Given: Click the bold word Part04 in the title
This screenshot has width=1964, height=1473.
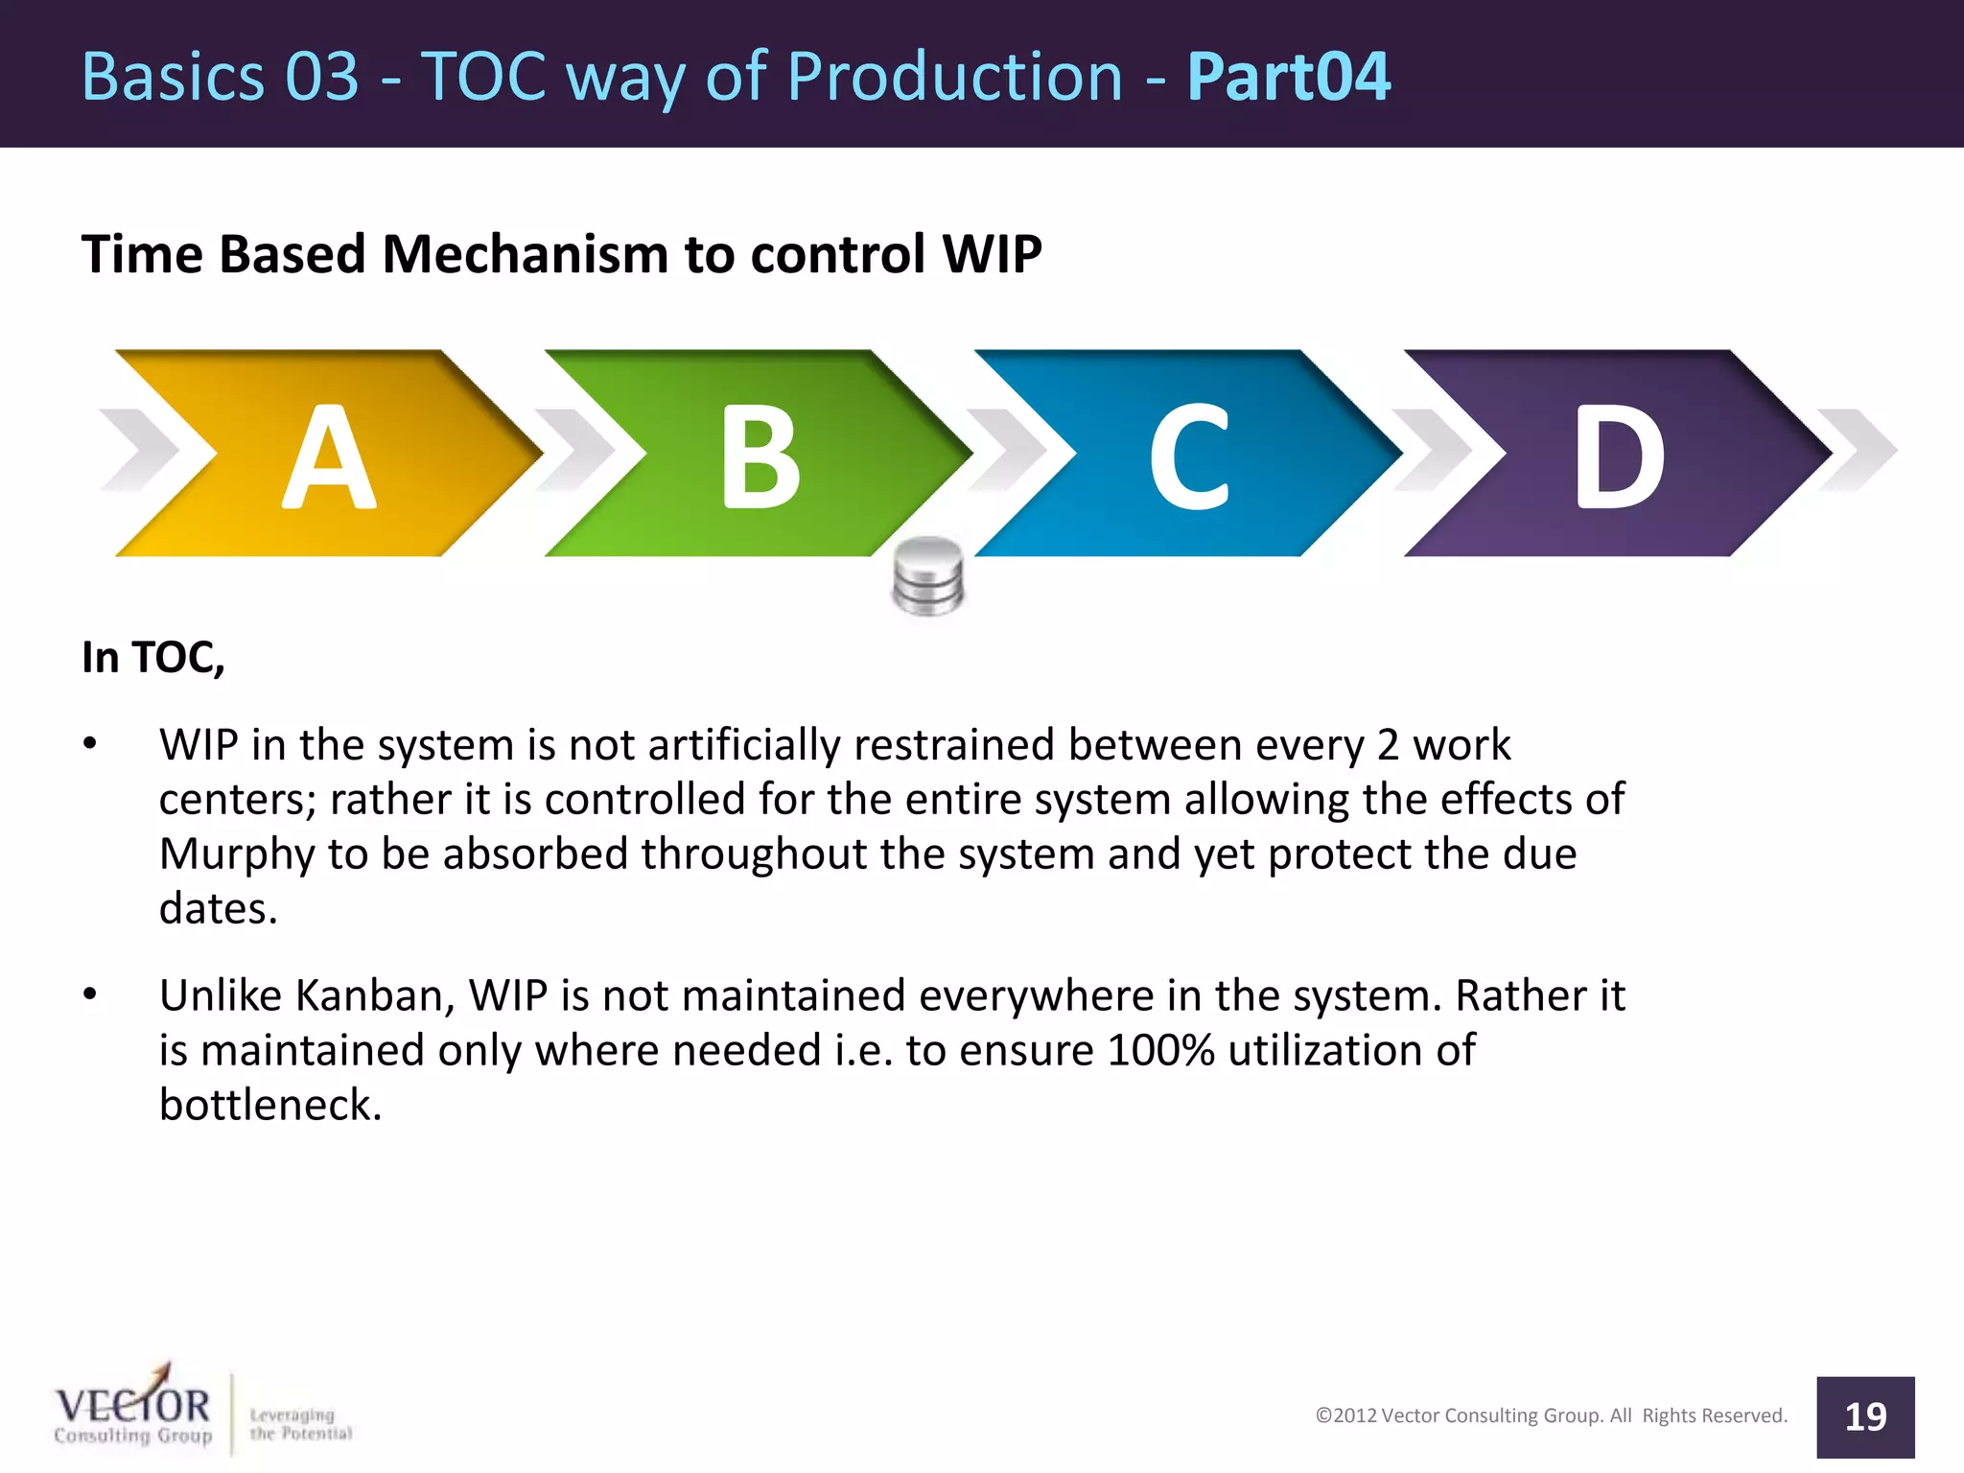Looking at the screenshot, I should [x=1288, y=77].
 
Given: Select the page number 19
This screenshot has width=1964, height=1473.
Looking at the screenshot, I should [x=1865, y=1416].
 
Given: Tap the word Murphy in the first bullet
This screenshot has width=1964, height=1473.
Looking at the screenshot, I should [x=236, y=854].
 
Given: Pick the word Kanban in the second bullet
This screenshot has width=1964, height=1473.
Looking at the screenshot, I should [x=374, y=995].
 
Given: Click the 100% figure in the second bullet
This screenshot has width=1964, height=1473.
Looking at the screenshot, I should [x=1160, y=1050].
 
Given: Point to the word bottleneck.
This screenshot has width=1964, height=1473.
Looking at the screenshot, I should [x=270, y=1105].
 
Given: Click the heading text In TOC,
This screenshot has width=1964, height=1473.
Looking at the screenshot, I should [x=153, y=658].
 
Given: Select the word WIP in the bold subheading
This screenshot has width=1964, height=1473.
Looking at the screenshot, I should [x=992, y=255].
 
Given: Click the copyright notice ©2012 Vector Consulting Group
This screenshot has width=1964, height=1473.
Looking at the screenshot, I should [x=1551, y=1415].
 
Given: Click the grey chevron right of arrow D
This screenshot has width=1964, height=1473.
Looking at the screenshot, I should [x=1857, y=450].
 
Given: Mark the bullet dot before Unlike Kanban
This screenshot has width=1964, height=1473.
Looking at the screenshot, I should [x=90, y=994].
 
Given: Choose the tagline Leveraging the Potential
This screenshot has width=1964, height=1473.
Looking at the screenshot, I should [x=300, y=1424].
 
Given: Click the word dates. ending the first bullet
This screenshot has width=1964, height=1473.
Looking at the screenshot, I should [x=218, y=909].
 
